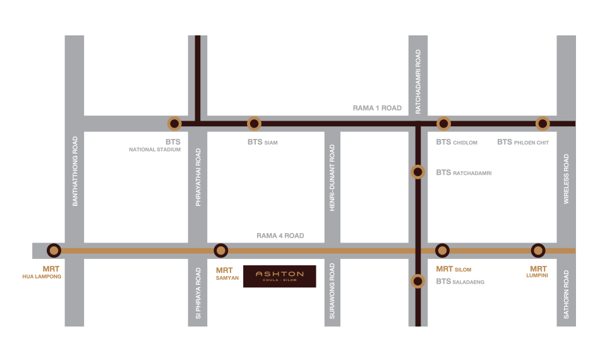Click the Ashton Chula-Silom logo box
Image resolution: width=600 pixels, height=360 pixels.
[x=280, y=277]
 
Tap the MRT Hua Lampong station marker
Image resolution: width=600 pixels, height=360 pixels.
[x=54, y=251]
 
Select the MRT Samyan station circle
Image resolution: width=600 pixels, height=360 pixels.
[x=220, y=251]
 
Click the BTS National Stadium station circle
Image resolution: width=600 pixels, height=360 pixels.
[x=174, y=124]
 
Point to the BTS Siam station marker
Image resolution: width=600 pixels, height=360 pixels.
[x=254, y=124]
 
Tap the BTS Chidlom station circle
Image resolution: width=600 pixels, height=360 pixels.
[x=443, y=124]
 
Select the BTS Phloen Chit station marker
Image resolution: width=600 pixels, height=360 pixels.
[x=543, y=124]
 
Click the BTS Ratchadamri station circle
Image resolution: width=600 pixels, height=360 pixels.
[x=418, y=172]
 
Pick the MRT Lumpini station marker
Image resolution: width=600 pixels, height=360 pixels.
[x=538, y=251]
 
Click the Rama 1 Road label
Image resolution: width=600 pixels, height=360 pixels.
[x=377, y=108]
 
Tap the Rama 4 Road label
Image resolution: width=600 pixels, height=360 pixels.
[x=280, y=236]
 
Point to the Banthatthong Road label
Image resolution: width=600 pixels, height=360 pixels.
[x=75, y=171]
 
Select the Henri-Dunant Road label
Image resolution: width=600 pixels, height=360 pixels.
[x=332, y=178]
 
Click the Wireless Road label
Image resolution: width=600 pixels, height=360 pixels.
[x=566, y=179]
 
